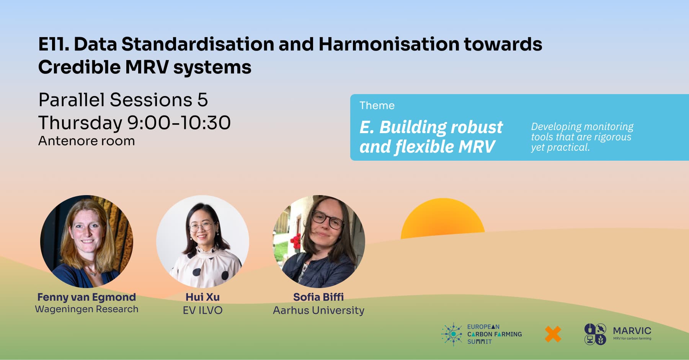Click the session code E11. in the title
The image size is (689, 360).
tap(54, 44)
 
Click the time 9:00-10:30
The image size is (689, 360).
tap(179, 123)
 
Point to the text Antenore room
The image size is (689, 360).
tap(87, 141)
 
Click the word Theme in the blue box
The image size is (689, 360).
tap(377, 106)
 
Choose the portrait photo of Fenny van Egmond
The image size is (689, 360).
tap(87, 241)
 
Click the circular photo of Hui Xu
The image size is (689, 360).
tap(202, 241)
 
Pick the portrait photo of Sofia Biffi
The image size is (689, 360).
tap(318, 241)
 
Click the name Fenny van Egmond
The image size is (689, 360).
tap(87, 297)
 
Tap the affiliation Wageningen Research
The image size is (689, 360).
tap(87, 309)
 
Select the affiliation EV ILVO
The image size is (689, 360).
tap(202, 310)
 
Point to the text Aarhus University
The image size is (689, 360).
tap(318, 310)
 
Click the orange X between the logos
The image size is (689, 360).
tap(553, 334)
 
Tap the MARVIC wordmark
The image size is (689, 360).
tap(632, 331)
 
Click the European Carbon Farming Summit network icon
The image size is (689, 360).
tap(452, 334)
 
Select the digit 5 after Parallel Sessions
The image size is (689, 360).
tap(202, 100)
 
